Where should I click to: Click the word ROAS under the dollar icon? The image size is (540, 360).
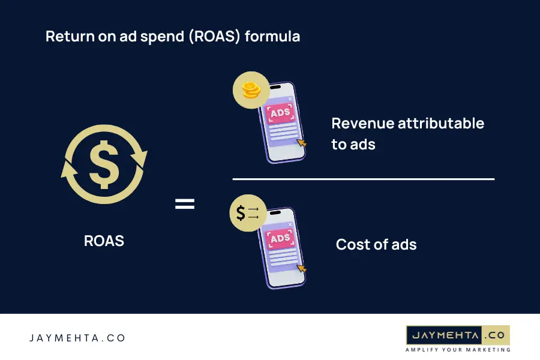pos(104,241)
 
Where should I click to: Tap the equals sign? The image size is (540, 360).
pos(185,204)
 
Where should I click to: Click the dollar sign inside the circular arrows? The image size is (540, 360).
pos(104,164)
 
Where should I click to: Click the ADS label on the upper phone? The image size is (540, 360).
pos(280,113)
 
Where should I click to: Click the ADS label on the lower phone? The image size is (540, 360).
pos(280,239)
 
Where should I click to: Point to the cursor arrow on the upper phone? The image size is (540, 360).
pos(301,143)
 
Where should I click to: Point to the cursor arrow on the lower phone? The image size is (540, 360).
pos(301,268)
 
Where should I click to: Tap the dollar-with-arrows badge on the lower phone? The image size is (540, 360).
pos(247,213)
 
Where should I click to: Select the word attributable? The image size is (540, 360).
pos(440,124)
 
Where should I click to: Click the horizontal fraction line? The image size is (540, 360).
pos(363,179)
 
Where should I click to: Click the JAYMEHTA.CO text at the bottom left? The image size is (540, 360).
pos(77,338)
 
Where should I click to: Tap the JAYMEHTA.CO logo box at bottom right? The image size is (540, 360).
pos(458,335)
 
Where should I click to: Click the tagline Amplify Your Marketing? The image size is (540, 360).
pos(458,349)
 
